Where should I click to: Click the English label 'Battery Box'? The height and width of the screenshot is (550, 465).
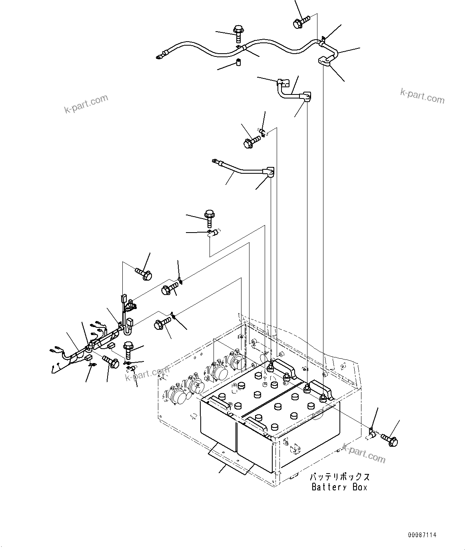(x=339, y=487)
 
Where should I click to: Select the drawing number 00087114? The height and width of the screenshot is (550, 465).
(x=422, y=535)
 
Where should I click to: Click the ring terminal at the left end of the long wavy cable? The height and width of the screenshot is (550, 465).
(x=158, y=58)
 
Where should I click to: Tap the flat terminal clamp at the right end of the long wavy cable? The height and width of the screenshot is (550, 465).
(x=324, y=61)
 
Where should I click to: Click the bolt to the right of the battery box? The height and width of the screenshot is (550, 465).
(x=389, y=440)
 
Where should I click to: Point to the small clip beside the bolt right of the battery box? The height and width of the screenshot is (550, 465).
(x=372, y=433)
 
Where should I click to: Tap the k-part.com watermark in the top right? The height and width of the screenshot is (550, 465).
(x=422, y=96)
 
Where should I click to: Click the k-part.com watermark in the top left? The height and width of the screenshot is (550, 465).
(x=86, y=103)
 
